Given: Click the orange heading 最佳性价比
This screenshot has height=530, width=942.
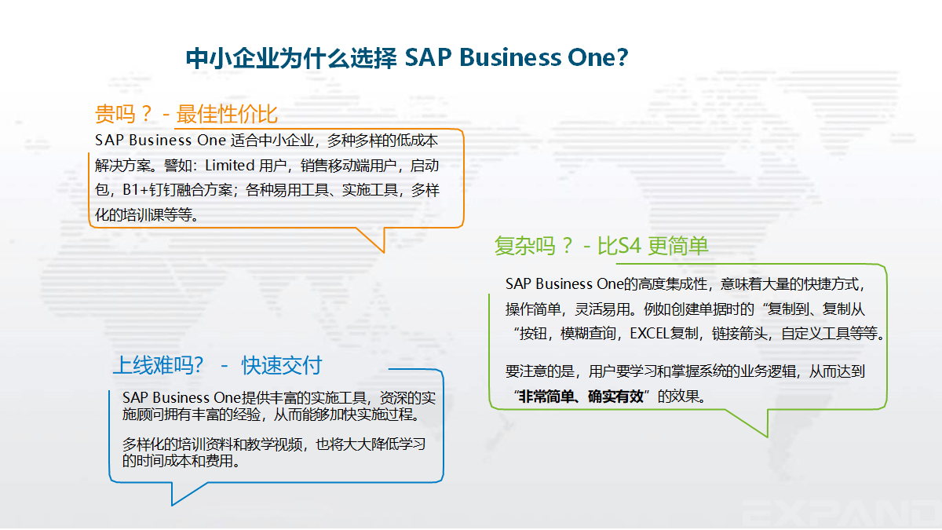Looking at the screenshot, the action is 227,114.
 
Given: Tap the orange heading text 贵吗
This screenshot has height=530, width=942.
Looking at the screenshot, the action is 115,114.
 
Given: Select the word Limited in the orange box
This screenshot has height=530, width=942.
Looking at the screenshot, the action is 229,166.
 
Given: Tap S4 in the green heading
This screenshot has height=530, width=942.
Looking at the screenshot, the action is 629,246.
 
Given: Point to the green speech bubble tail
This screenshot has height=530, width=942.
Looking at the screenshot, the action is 753,422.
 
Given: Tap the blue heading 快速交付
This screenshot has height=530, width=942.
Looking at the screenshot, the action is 282,365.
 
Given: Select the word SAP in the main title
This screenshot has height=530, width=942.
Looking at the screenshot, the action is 428,57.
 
